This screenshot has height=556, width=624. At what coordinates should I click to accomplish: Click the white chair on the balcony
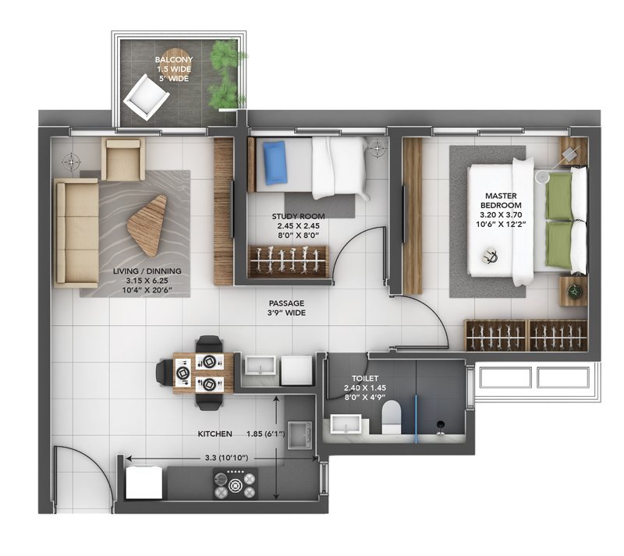[146, 97]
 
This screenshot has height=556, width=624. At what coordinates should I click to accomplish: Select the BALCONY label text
[174, 60]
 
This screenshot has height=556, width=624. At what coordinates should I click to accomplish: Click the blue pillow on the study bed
[275, 163]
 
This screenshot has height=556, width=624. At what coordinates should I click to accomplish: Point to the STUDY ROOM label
[298, 217]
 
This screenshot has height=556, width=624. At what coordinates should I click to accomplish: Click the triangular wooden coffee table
[148, 225]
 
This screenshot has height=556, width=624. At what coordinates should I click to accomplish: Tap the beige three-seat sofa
[76, 232]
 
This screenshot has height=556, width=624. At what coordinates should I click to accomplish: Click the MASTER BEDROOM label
[501, 200]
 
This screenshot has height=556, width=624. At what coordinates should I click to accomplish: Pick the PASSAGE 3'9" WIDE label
[286, 308]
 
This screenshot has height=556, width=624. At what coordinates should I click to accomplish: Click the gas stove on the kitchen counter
[235, 483]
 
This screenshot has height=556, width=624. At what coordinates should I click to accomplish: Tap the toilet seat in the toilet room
[392, 416]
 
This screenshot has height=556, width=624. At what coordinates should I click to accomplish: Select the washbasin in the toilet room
[346, 424]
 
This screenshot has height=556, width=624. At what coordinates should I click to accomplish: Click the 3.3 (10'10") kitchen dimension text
[226, 458]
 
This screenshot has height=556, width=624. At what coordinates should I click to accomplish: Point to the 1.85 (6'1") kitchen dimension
[265, 434]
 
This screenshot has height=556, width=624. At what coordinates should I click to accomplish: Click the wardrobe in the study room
[289, 261]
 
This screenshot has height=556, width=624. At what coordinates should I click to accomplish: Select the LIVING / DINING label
[147, 271]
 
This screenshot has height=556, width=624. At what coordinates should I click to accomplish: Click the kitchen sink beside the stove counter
[301, 434]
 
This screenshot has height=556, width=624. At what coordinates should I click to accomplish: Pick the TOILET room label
[365, 378]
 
